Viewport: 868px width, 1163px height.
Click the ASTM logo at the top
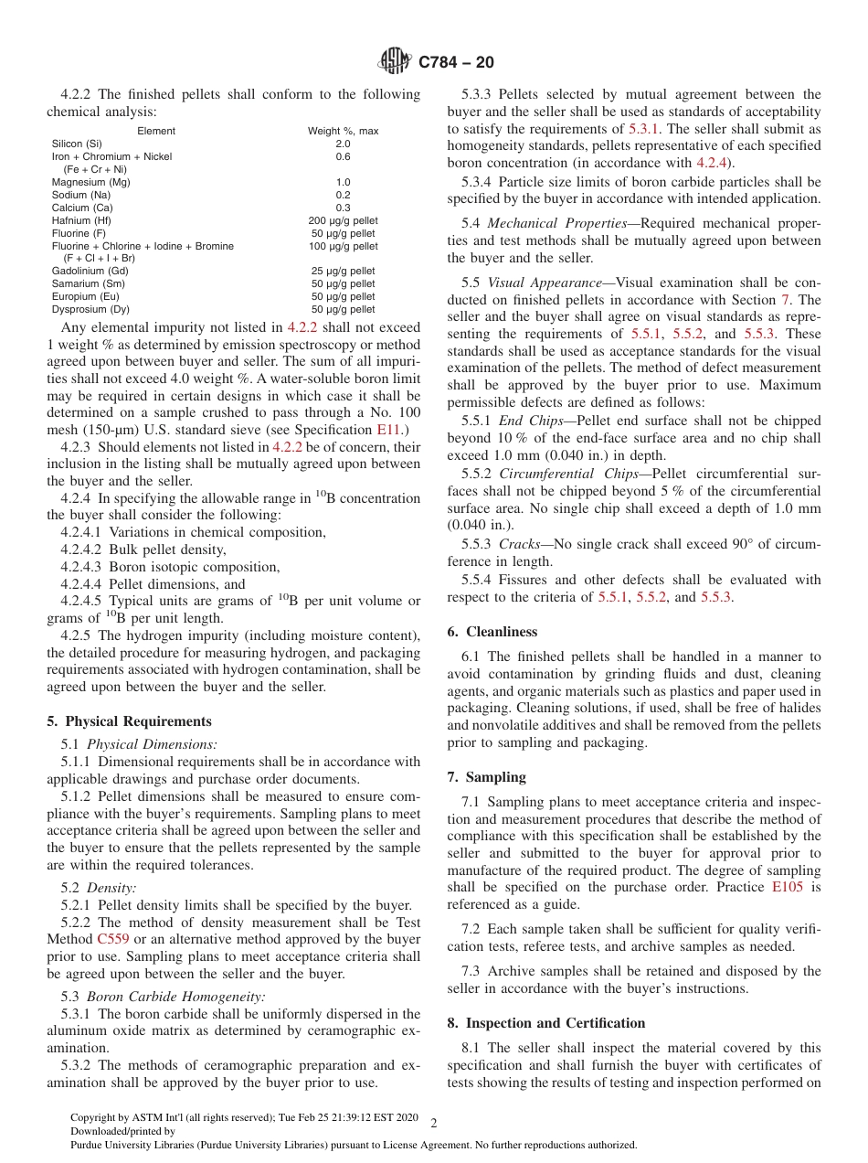point(395,62)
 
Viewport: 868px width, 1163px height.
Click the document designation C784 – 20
point(456,62)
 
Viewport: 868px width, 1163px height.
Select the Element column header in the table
point(155,131)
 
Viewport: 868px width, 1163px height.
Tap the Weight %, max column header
point(343,131)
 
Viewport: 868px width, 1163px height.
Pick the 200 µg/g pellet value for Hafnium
point(343,220)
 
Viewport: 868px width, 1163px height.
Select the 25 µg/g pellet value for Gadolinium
point(343,271)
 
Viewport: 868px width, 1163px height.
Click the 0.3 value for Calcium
point(343,208)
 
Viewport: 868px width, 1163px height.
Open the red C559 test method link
point(111,939)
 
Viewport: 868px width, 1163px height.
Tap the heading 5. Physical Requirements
point(129,721)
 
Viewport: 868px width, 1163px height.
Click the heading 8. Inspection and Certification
point(545,1023)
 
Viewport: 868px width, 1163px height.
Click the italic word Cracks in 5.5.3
point(519,544)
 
